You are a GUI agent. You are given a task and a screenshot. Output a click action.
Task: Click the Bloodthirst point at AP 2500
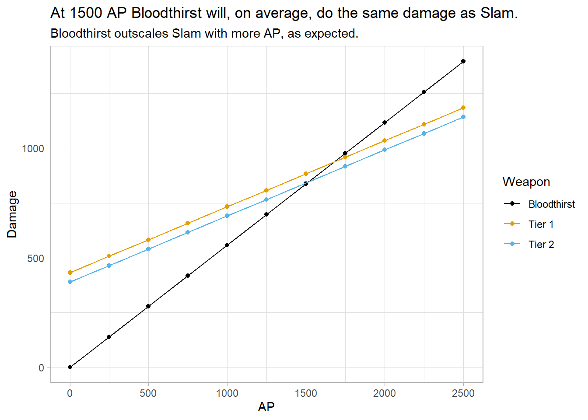(463, 61)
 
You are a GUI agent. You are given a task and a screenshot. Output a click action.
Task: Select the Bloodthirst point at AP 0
(70, 367)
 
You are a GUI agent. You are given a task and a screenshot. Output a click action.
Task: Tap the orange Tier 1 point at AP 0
(70, 273)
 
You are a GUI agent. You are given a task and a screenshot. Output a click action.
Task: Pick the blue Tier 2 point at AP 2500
(463, 117)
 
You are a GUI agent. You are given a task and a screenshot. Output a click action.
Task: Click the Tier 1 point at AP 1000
(227, 206)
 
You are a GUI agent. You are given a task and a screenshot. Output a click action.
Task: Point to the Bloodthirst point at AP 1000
(227, 245)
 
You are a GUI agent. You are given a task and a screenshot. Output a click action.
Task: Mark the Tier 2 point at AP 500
(148, 249)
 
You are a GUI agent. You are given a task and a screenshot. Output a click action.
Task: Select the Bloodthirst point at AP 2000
(385, 122)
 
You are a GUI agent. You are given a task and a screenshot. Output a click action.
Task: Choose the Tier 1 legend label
(541, 224)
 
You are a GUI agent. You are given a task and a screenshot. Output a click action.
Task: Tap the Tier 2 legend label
(541, 245)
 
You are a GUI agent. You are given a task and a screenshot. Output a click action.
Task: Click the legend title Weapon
(526, 182)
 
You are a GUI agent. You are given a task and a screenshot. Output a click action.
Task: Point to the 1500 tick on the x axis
(306, 393)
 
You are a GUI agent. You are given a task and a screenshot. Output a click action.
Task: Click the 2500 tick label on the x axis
(463, 393)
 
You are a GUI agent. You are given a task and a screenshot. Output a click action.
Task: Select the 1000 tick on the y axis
(33, 148)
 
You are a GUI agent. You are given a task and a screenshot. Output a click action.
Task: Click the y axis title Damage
(12, 214)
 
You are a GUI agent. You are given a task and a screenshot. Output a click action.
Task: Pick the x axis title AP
(266, 407)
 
